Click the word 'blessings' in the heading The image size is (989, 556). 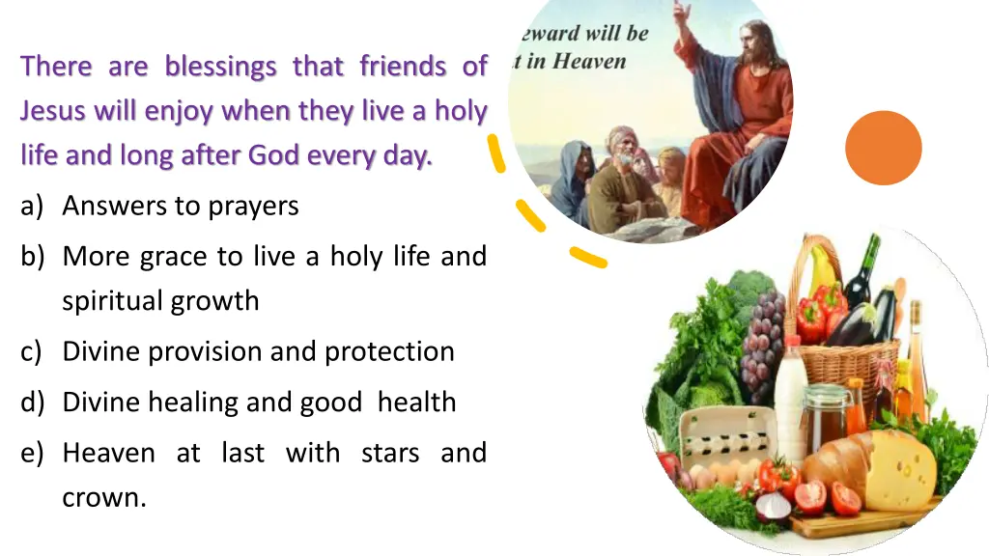[x=220, y=67]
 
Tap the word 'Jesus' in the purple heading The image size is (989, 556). [x=53, y=111]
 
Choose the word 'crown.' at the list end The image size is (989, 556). [x=104, y=497]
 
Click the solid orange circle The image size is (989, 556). [x=883, y=148]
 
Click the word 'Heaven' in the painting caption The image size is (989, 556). [x=590, y=62]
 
